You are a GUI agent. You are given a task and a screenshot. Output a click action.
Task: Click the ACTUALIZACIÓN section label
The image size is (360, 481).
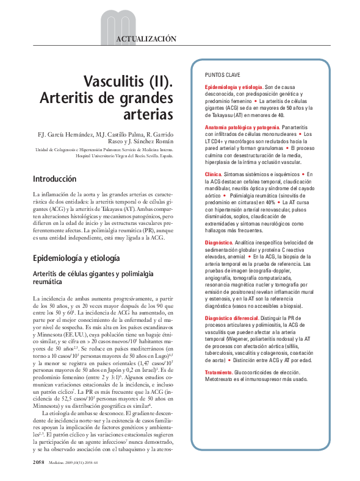click(x=146, y=38)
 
